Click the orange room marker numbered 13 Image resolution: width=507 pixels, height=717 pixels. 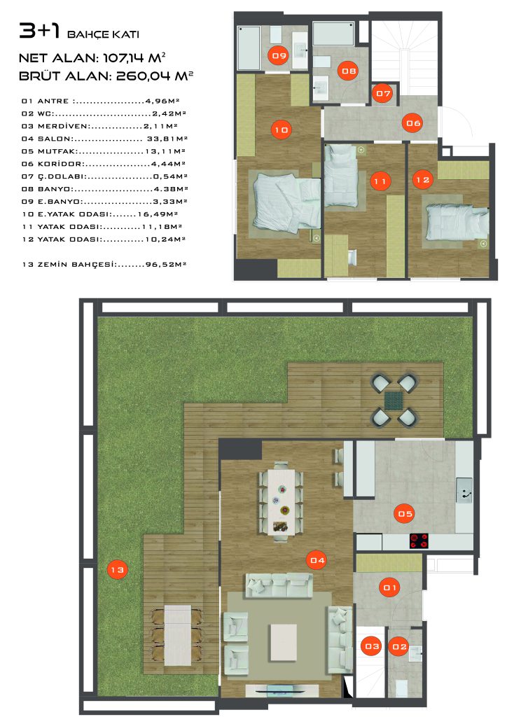tap(117, 570)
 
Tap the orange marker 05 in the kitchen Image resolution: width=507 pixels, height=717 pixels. tap(405, 513)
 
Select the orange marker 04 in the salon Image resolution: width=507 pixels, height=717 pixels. tap(317, 560)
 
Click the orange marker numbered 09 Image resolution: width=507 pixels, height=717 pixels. tap(279, 55)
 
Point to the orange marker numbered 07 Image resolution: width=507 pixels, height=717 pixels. tap(383, 93)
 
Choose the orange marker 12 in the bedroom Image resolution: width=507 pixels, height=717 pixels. tap(422, 180)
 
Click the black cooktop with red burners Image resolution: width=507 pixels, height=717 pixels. tap(419, 541)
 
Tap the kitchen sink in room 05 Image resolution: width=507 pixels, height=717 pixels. tap(464, 490)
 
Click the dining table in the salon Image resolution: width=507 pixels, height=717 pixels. tap(282, 501)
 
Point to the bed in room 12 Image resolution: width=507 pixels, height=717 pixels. tap(457, 222)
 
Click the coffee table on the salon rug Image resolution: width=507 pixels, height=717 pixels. tap(284, 642)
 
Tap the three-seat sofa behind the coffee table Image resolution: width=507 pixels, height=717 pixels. tap(279, 585)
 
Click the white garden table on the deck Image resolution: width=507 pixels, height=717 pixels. tap(177, 635)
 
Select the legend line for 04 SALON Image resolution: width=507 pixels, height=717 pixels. tap(104, 139)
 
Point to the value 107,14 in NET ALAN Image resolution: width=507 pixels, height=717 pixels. tap(123, 58)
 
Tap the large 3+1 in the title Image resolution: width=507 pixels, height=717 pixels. tap(40, 31)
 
